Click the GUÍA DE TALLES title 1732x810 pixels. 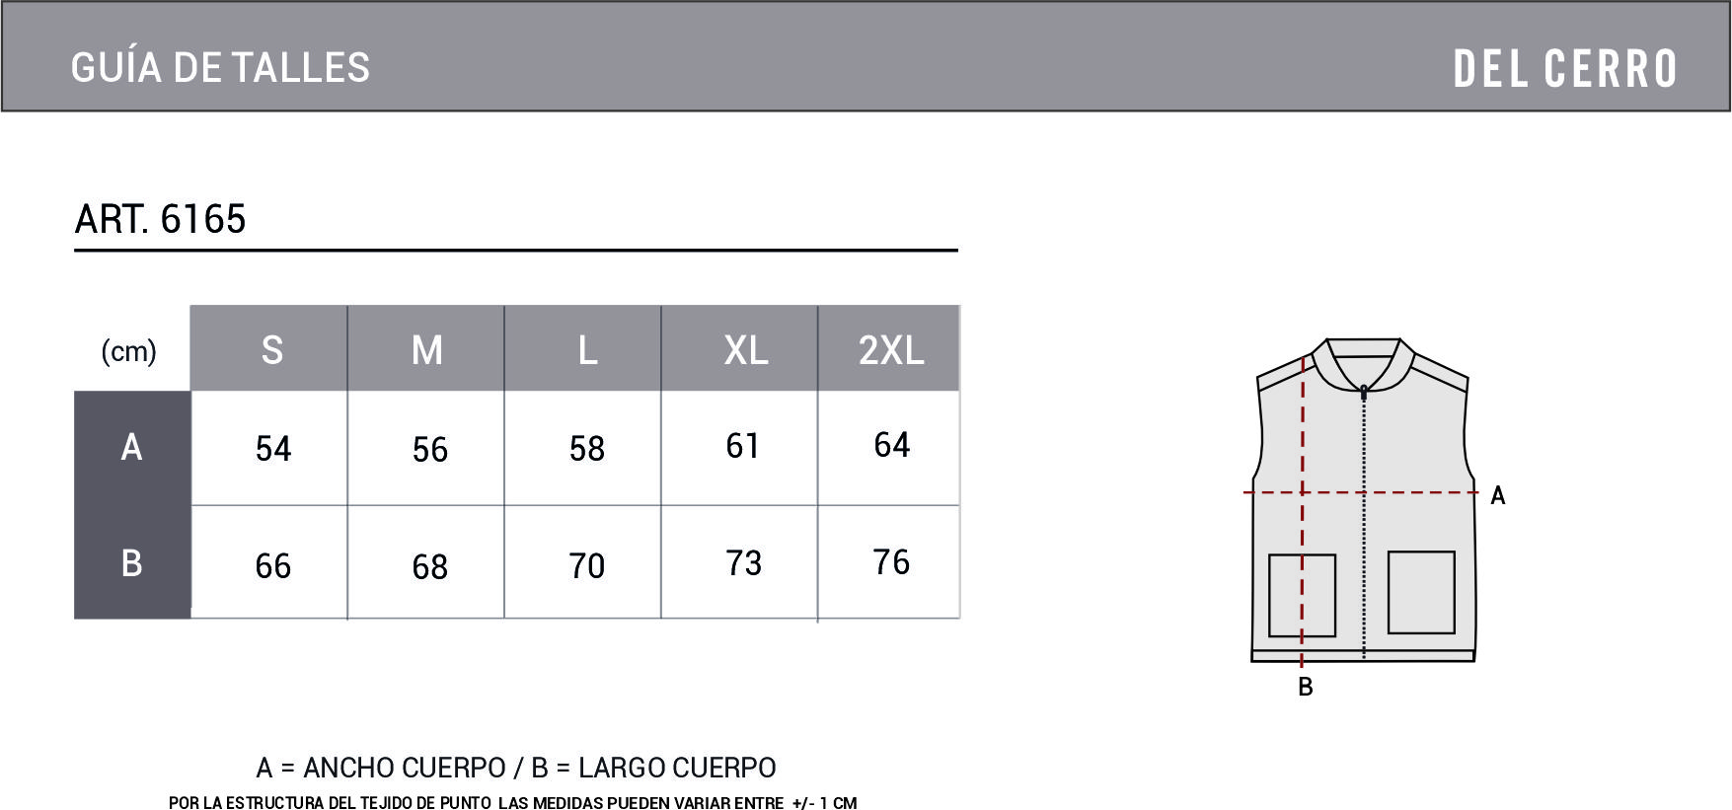[221, 68]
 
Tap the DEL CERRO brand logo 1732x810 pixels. [1565, 69]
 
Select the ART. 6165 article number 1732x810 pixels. [160, 219]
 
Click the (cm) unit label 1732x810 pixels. [129, 351]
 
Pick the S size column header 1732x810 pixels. [272, 350]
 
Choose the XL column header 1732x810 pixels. [746, 350]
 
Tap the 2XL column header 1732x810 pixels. [891, 350]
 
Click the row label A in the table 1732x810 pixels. [131, 447]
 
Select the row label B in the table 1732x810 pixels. [131, 562]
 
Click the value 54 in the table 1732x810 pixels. [273, 449]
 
